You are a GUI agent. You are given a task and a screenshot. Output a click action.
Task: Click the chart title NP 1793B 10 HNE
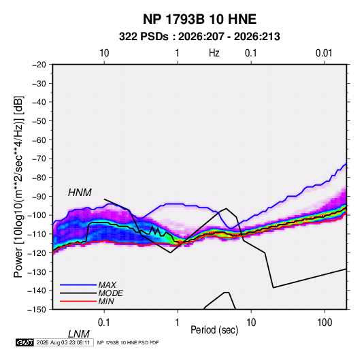pos(199,19)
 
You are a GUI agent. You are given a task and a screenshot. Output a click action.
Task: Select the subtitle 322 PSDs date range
pos(199,37)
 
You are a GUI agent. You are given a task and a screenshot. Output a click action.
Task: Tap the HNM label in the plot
pos(80,193)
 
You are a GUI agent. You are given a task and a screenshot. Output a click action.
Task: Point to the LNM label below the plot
pos(79,334)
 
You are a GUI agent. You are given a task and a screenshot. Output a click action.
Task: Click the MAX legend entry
pos(88,284)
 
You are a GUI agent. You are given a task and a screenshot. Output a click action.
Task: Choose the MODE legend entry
pos(91,293)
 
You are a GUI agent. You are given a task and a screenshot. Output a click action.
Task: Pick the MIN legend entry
pos(87,301)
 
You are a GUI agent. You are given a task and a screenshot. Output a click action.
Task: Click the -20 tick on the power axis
pos(39,65)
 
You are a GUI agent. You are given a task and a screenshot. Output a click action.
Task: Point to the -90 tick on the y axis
pos(39,196)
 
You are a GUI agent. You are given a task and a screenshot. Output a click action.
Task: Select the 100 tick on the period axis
pos(325,322)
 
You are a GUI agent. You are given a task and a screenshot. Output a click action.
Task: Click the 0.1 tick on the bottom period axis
pos(104,322)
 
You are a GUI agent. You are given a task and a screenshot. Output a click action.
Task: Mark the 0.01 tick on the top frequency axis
pos(324,53)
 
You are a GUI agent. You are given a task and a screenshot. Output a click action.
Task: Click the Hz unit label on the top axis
pos(214,53)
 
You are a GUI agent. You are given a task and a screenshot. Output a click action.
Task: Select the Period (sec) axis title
pos(214,330)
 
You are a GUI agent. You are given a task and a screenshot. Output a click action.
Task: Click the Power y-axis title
pos(18,186)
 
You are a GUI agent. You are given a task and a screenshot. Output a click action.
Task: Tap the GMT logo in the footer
pos(25,342)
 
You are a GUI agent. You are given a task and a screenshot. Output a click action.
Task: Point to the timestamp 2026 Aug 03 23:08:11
pos(63,342)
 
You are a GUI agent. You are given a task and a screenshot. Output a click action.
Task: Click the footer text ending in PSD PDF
pos(128,342)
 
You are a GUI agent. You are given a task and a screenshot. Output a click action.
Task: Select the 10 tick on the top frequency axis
pos(104,53)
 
